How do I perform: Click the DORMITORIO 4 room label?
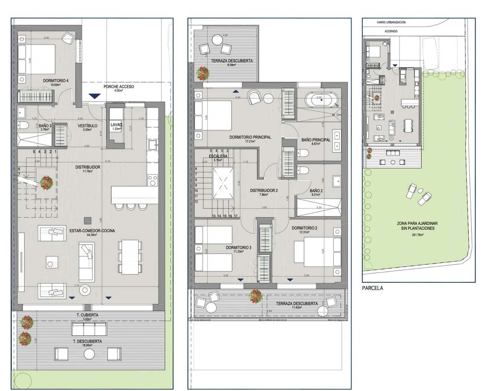pos(55,80)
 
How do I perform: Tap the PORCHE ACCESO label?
pos(119,87)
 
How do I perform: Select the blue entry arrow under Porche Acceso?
pos(94,96)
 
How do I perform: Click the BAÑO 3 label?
pos(45,126)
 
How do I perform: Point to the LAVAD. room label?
pos(116,125)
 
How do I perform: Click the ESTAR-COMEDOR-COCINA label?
pos(92,231)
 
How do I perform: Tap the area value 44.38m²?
pos(92,235)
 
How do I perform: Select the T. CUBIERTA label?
pos(87,315)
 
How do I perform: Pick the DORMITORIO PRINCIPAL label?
pos(250,137)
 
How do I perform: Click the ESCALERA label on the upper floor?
pos(218,156)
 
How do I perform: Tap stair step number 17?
pos(235,216)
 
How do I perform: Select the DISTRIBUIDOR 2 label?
pos(264,191)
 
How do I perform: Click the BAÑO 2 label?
pos(316,191)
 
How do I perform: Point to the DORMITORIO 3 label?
pos(239,248)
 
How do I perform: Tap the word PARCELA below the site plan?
pos(372,288)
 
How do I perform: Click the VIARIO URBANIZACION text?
pos(391,22)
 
